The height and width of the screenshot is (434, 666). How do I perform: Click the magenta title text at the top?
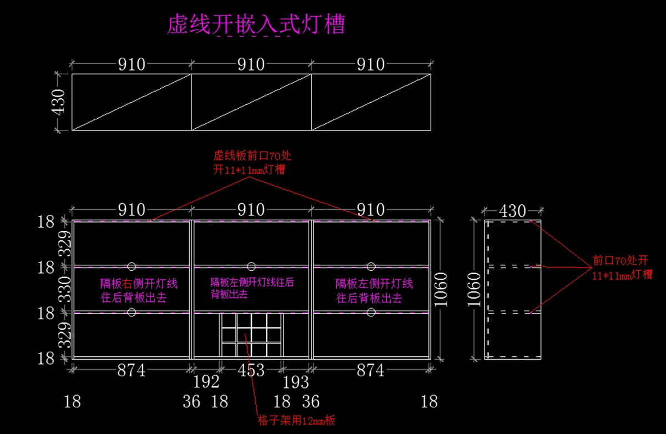[256, 25]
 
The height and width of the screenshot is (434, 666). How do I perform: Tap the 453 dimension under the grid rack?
[251, 370]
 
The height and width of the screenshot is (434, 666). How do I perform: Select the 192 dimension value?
[206, 382]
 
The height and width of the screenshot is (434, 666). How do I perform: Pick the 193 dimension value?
[296, 382]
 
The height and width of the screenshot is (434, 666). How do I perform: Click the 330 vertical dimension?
[65, 289]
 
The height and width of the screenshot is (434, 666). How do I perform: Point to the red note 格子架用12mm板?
[297, 420]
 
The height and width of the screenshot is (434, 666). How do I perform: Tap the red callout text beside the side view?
[622, 268]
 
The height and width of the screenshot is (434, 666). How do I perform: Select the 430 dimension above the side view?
[512, 211]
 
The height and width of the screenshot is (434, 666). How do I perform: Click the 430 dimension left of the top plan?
[59, 102]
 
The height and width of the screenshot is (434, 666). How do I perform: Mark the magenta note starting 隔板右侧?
[139, 290]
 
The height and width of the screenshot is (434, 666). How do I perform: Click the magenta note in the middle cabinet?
[252, 287]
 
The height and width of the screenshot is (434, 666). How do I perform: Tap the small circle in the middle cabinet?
[251, 266]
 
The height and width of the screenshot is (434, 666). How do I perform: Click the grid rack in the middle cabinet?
[251, 334]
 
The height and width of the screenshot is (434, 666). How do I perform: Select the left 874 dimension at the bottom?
[131, 370]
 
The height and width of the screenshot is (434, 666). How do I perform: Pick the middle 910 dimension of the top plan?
[251, 64]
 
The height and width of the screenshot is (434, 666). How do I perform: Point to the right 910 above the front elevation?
[371, 210]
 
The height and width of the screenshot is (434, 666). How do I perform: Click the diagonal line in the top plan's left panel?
[132, 102]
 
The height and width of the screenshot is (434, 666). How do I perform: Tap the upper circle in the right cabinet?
[371, 266]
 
